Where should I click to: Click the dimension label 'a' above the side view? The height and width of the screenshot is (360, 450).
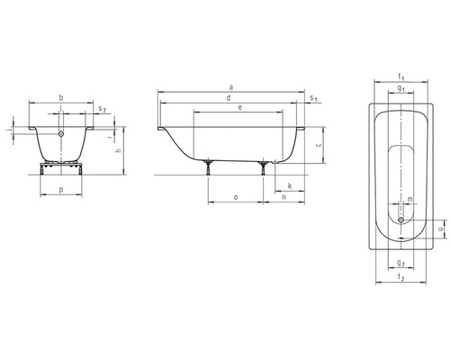230,87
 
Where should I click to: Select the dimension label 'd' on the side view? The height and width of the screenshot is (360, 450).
229,98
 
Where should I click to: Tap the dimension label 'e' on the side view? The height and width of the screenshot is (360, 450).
239,108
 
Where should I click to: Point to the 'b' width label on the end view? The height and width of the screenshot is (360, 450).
61,97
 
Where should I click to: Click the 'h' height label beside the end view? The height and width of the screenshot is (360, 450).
119,150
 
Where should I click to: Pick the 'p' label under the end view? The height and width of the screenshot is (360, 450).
61,190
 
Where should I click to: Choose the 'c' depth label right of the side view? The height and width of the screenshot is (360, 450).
319,145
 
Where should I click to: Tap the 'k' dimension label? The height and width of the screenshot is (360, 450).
290,185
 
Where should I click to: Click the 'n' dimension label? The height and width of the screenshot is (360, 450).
283,197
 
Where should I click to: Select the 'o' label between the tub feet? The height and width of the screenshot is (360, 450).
236,197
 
